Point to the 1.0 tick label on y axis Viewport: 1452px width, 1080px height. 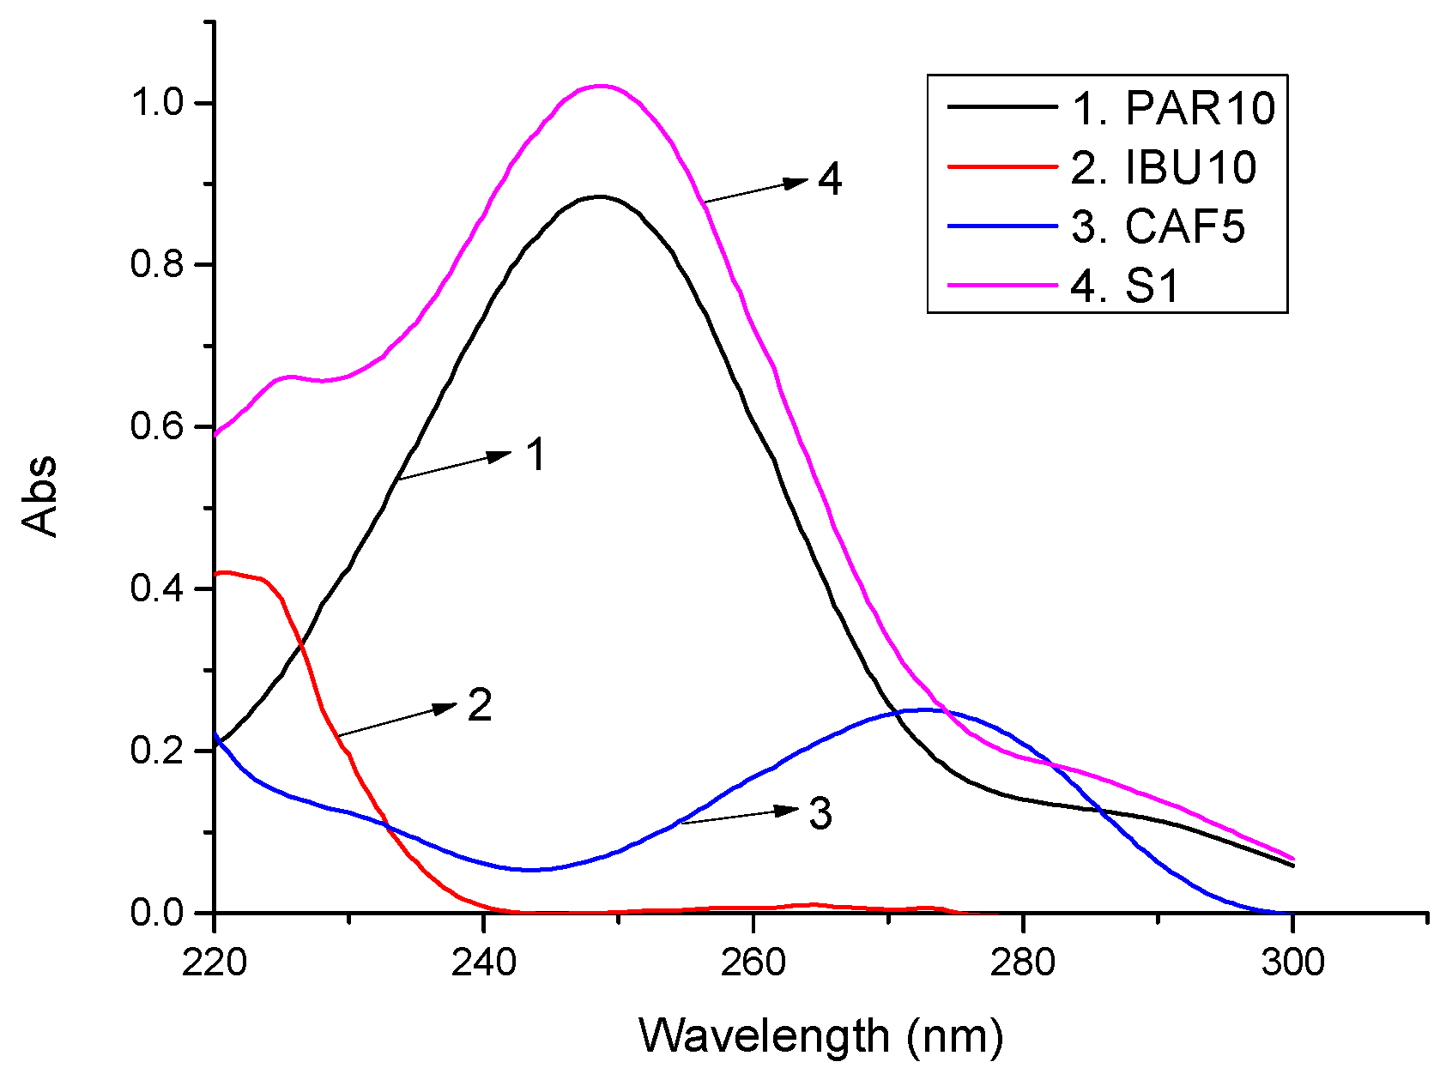(157, 103)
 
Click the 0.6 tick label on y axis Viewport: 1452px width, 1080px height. (157, 426)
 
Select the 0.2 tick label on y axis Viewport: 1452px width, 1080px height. (157, 751)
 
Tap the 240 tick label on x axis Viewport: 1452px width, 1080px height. (483, 962)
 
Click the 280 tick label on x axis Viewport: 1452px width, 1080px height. (1022, 962)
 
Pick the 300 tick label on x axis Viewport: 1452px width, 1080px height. (1292, 962)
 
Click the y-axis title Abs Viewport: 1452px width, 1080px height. (40, 497)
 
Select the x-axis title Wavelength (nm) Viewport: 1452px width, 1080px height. (821, 1036)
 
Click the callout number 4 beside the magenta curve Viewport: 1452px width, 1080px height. (830, 180)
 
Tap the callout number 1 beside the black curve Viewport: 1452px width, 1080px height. (535, 455)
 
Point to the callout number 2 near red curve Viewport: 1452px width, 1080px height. (480, 706)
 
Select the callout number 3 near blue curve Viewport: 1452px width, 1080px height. (820, 814)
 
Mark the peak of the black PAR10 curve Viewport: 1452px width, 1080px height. (600, 196)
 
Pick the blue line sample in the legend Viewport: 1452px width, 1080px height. (1002, 226)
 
